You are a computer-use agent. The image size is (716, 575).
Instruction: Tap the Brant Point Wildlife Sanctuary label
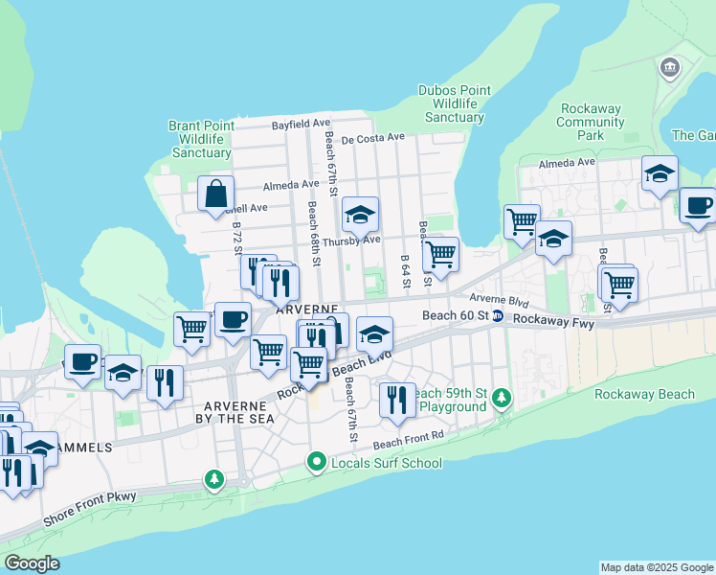[200, 139]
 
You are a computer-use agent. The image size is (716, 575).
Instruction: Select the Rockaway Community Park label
[591, 122]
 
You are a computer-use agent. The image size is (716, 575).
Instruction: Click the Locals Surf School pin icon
[318, 463]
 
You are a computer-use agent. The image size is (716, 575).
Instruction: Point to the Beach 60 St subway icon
[498, 316]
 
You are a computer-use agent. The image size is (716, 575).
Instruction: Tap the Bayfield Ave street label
[301, 124]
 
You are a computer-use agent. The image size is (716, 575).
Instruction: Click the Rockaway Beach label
[644, 394]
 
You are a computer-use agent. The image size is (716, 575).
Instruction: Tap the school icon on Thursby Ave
[360, 215]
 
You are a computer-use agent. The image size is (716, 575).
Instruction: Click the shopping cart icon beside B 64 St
[440, 254]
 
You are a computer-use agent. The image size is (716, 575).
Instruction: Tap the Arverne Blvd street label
[499, 300]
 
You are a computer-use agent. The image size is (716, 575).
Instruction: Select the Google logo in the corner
[33, 563]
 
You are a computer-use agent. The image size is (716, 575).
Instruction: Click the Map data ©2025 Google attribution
[656, 567]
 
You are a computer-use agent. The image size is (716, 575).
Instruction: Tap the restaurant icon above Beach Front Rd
[397, 400]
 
